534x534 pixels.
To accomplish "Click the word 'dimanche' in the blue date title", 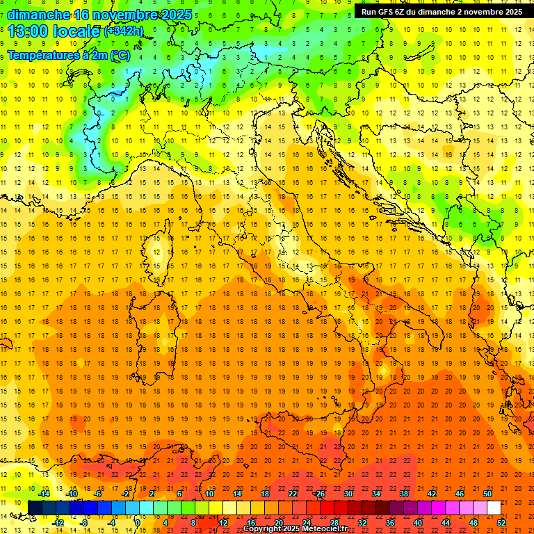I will coord(38,15).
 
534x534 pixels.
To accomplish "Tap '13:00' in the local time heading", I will coord(29,31).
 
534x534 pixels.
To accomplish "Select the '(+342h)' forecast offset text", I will coord(124,31).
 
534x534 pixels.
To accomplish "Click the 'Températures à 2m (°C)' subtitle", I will coord(68,55).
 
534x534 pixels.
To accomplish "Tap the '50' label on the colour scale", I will coord(487,493).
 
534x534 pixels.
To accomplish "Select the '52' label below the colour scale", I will coord(501,523).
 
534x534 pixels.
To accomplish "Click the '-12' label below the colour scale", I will coord(58,523).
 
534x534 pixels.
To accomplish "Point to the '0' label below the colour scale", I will coord(138,523).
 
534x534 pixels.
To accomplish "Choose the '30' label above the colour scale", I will coord(348,493).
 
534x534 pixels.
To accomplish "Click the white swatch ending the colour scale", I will coord(494,508).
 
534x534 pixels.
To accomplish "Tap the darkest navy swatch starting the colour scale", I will coord(35,508).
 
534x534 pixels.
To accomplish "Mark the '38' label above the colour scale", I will coord(403,493).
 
